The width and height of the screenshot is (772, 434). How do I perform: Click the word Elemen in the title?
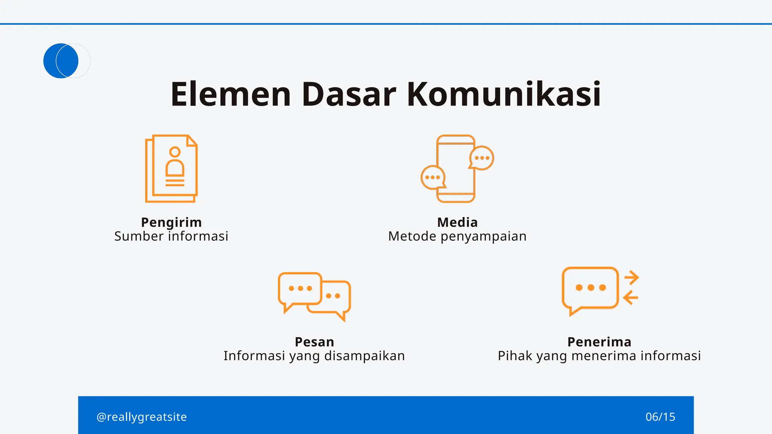(231, 94)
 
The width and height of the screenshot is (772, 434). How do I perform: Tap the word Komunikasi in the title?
(504, 94)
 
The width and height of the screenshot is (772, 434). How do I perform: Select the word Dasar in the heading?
(349, 94)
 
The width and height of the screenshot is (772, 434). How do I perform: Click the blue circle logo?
(61, 61)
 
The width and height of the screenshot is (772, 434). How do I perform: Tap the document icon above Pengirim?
(172, 168)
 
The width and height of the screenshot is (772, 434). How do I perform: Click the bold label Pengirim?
(172, 222)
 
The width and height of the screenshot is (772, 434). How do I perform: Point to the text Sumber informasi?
(172, 236)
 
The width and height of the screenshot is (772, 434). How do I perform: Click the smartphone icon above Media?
(456, 168)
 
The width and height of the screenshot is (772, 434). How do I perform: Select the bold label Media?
(457, 222)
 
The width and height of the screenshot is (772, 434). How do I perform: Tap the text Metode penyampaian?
(457, 236)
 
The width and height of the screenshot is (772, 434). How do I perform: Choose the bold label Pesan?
(314, 342)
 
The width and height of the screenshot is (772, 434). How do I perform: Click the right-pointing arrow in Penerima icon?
(631, 278)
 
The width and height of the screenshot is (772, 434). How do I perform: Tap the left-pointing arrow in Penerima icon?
(631, 298)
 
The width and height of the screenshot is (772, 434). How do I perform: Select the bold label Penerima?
(599, 342)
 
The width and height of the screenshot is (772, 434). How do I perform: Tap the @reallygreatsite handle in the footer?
(142, 417)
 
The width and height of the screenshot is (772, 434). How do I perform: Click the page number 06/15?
(660, 417)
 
